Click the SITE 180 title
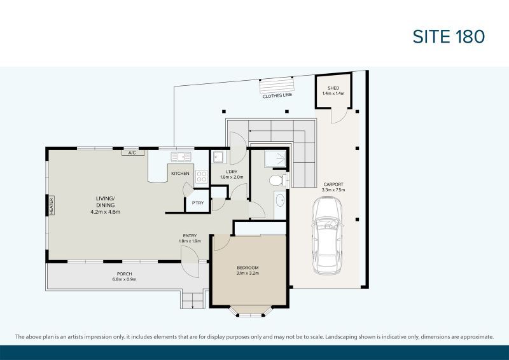coord(449,36)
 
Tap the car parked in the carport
coord(327,235)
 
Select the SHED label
coord(333,88)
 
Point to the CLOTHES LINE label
coord(277,96)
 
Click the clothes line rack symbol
coord(277,85)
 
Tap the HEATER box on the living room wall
coord(52,205)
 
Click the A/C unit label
coord(132,153)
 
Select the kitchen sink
coord(181,157)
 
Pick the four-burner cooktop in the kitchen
coord(201,177)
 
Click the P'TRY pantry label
coord(198,203)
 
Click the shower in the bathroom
coord(275,159)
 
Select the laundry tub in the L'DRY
coord(218,158)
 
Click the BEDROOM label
coord(248,268)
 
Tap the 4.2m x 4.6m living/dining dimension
coord(106,212)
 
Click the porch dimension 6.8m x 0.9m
coord(124,279)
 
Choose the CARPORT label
coord(333,184)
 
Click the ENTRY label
coord(190,236)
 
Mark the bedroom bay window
coord(249,312)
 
